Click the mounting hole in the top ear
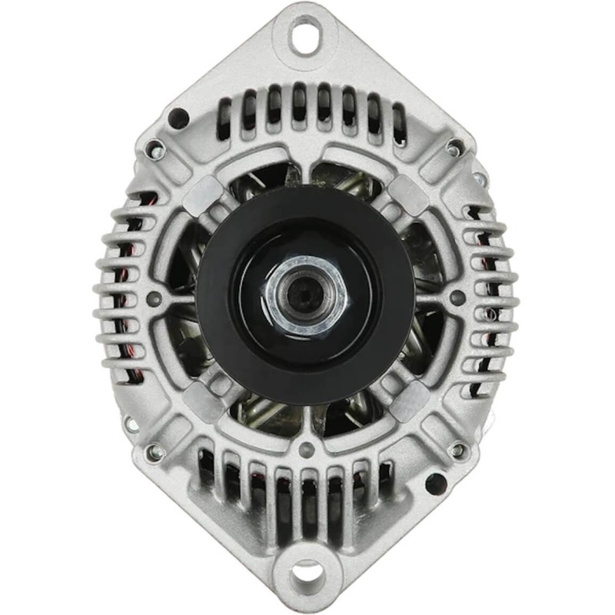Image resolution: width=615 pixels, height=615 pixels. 305,34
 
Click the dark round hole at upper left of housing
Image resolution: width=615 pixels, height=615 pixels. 178,118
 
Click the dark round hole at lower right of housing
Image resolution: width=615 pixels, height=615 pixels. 435,484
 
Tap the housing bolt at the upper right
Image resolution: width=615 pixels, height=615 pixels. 455,146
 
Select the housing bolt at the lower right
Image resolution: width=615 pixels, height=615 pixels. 458,450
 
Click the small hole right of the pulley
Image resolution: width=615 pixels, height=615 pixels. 457,297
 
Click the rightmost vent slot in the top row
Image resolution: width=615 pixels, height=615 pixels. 398,123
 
